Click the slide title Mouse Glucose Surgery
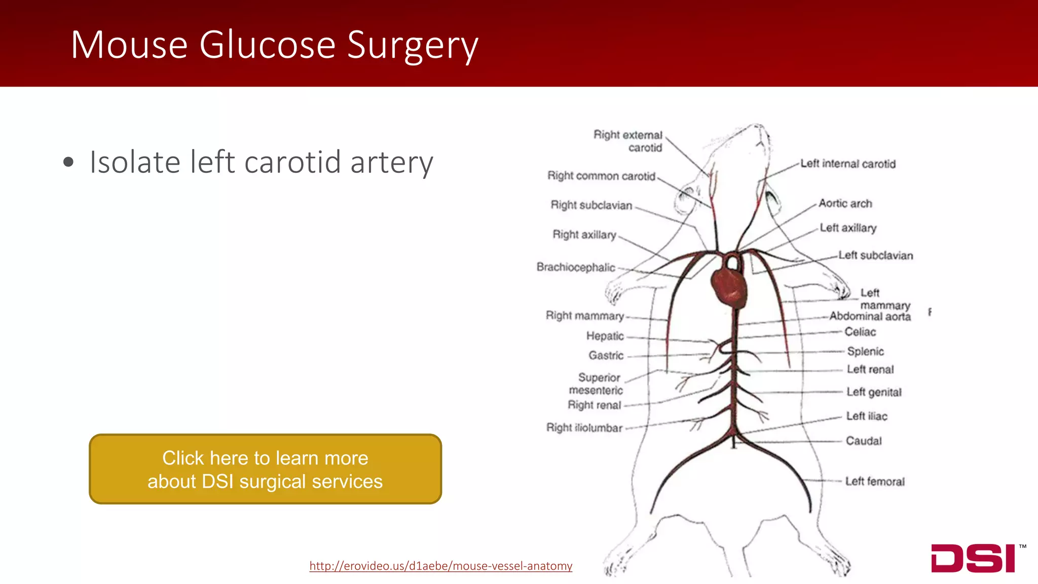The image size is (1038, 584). point(274,45)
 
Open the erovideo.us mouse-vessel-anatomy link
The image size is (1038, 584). point(440,566)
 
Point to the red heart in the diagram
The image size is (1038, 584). point(729,288)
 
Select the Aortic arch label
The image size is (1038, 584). point(845,203)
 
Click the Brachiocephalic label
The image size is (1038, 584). point(576,267)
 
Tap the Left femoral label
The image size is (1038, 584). point(874,481)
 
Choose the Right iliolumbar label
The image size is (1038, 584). point(584,428)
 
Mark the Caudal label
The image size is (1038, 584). point(864,441)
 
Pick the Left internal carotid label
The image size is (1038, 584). point(848,164)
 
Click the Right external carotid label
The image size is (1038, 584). point(628,141)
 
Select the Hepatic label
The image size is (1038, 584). point(605,336)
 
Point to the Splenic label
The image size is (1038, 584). point(865,351)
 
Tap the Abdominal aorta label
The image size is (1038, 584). point(870,317)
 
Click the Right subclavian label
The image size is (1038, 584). point(591,205)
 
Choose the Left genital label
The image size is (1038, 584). point(874,392)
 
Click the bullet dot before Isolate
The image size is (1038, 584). point(68,163)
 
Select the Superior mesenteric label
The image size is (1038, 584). point(597,384)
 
